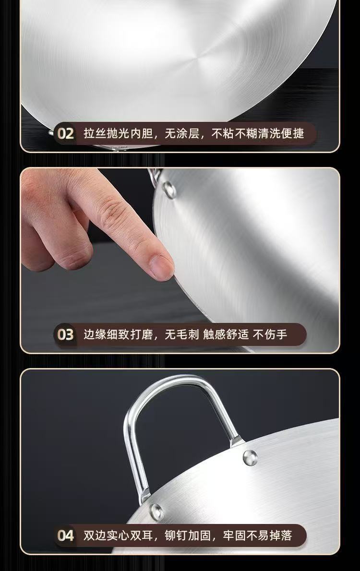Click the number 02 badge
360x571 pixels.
[66, 133]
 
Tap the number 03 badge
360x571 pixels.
[66, 334]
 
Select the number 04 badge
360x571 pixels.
[66, 535]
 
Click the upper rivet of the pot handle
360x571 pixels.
[250, 456]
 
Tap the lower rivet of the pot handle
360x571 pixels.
[156, 512]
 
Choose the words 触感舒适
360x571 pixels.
[226, 334]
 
